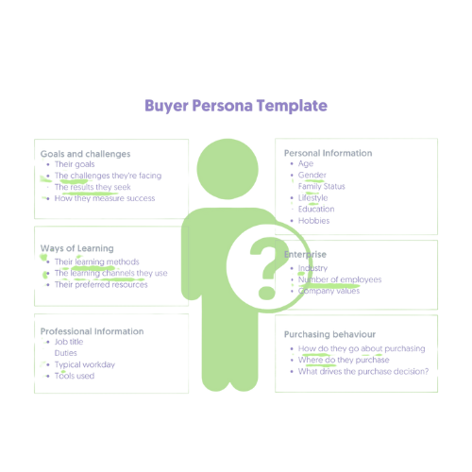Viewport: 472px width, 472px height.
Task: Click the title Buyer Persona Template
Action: coord(236,106)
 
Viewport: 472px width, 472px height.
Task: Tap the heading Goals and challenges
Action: coord(85,154)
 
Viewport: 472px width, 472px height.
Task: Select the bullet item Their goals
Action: coord(75,164)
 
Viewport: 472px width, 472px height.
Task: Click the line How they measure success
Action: coord(105,198)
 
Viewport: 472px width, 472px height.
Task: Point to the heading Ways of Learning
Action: coord(77,248)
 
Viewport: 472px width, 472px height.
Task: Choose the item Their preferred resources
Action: coord(101,284)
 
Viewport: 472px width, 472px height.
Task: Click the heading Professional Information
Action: coord(92,331)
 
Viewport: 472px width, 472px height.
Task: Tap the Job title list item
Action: coord(69,342)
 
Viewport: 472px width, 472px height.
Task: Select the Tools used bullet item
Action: coord(75,376)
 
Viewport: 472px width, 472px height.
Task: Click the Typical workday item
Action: coord(85,364)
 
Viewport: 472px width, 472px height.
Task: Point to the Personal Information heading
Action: coord(329,153)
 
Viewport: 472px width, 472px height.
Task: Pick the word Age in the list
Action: coord(306,163)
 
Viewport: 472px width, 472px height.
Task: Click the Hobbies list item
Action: coord(314,221)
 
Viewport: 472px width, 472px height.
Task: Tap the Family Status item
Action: coord(322,187)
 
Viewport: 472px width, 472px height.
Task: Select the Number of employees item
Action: coord(340,279)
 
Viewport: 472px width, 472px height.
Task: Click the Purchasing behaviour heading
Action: coord(329,334)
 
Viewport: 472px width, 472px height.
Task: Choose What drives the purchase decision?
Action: coord(363,372)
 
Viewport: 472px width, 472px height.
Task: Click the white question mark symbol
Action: coord(267,268)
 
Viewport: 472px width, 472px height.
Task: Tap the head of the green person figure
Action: coord(228,169)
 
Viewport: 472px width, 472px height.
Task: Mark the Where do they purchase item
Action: coord(344,360)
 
